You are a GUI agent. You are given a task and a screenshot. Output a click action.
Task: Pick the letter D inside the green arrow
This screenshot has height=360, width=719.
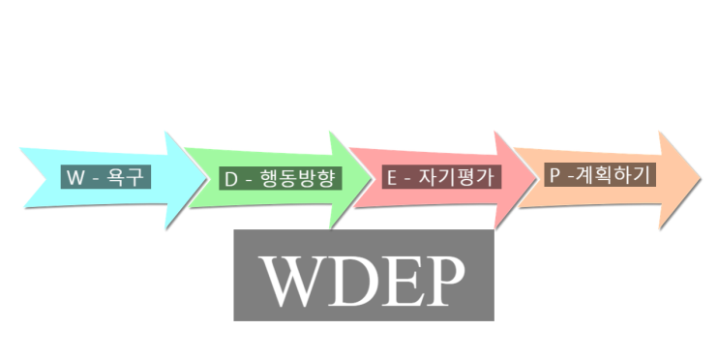point(232,179)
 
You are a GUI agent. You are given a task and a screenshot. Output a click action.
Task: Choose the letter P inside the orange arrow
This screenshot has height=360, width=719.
point(554,175)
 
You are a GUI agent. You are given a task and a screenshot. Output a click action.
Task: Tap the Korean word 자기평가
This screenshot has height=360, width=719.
point(462,178)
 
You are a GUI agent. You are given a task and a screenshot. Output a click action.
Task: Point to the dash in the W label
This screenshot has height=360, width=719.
point(96,178)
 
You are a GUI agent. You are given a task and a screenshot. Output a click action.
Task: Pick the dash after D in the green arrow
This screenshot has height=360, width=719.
point(250,180)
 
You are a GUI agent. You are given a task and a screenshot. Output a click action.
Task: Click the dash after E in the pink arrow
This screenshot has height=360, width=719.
point(410,179)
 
